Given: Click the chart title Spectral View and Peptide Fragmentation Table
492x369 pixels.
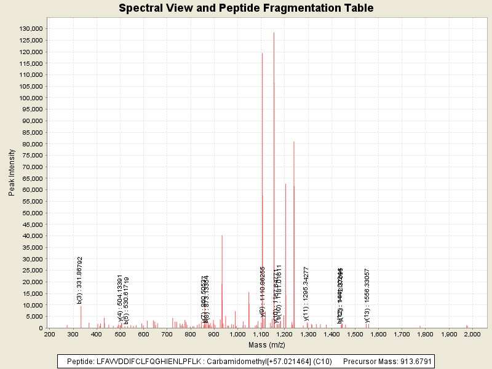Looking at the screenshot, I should (x=246, y=8).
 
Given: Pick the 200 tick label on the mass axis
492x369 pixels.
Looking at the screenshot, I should (x=50, y=333).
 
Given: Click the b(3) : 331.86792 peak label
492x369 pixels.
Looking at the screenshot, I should (x=80, y=280).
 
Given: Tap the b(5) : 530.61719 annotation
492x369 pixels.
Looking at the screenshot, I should (x=127, y=300).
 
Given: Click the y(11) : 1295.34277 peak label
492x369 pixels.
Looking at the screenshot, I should (x=306, y=292).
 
